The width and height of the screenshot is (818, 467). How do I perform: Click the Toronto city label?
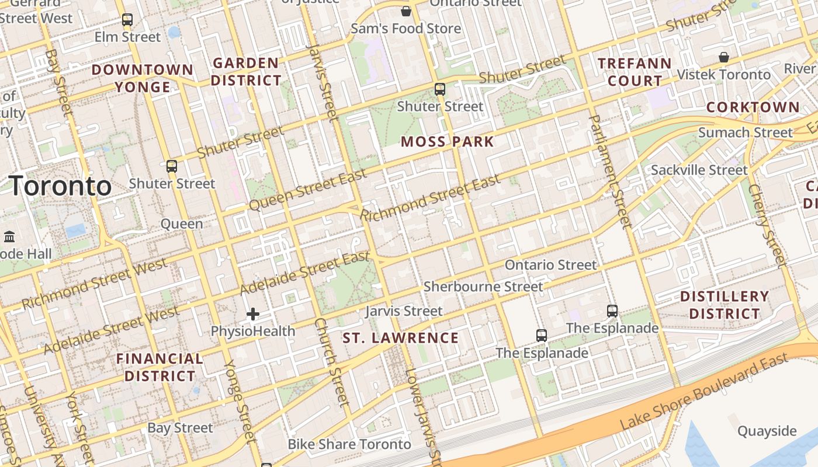[x=61, y=186]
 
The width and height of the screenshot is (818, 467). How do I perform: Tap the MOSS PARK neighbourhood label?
[x=448, y=141]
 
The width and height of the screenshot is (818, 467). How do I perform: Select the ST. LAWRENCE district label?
[x=401, y=338]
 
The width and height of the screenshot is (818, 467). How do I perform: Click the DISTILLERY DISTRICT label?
[x=724, y=305]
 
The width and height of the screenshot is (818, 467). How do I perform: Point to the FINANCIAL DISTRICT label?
[x=160, y=367]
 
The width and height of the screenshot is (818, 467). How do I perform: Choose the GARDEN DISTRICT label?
[x=246, y=71]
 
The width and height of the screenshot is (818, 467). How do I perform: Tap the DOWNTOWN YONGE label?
[x=143, y=78]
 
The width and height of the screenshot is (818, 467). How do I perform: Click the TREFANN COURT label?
[x=635, y=71]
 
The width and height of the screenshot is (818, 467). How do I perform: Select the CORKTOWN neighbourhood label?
[x=753, y=107]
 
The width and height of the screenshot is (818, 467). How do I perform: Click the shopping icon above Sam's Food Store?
[x=406, y=11]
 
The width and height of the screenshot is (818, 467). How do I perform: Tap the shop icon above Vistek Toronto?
[x=724, y=57]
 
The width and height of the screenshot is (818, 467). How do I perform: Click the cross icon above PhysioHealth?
[x=253, y=315]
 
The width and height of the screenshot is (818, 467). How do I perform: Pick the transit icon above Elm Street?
[x=127, y=20]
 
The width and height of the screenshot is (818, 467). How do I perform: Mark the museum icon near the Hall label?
[x=9, y=237]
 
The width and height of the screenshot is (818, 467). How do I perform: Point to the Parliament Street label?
[x=610, y=170]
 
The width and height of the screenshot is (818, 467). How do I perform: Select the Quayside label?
[x=767, y=431]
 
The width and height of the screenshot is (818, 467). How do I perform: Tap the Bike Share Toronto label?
[x=349, y=444]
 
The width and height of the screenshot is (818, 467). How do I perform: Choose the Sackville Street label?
[x=699, y=170]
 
